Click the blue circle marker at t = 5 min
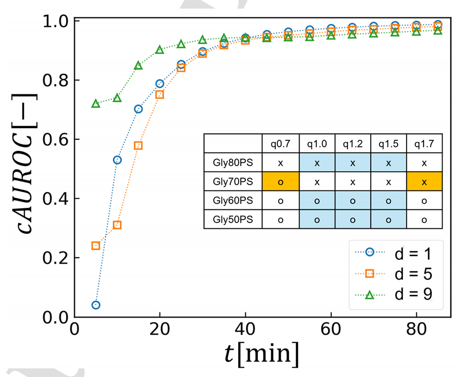tap(96, 305)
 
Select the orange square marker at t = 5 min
tap(96, 245)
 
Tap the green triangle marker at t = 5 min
tap(96, 103)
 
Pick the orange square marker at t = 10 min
tap(117, 225)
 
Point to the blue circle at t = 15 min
tap(138, 109)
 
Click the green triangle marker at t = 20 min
tap(160, 50)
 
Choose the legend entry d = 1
tap(396, 254)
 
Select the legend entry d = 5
tap(396, 274)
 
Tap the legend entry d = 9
tap(396, 295)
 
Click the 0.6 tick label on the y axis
tap(54, 140)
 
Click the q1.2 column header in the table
tap(352, 144)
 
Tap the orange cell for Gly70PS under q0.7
tap(281, 182)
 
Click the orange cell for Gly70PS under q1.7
tap(424, 182)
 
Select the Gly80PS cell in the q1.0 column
tap(317, 163)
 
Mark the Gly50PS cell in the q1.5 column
tap(388, 219)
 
